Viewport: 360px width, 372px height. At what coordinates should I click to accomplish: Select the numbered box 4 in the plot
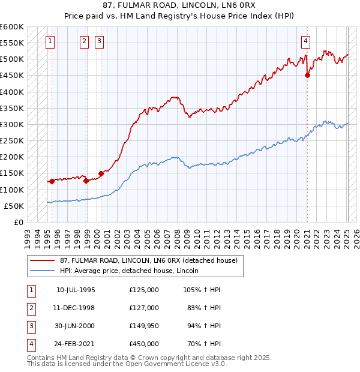[305, 41]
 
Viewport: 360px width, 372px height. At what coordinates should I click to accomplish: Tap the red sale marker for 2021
[307, 76]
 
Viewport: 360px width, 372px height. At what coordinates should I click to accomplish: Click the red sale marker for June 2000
[101, 173]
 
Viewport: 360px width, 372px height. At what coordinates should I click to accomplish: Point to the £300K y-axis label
[12, 124]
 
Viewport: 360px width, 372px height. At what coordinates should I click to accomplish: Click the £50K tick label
[14, 206]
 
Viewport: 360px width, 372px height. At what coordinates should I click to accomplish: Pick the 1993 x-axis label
[27, 235]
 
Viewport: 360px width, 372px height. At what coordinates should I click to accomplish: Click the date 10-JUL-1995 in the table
[76, 289]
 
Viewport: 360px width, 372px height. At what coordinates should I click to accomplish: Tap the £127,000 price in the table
[144, 307]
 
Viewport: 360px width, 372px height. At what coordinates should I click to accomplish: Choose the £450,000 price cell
[144, 344]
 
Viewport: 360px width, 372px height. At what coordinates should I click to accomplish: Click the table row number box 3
[31, 326]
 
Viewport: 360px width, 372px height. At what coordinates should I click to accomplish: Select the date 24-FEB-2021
[76, 344]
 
